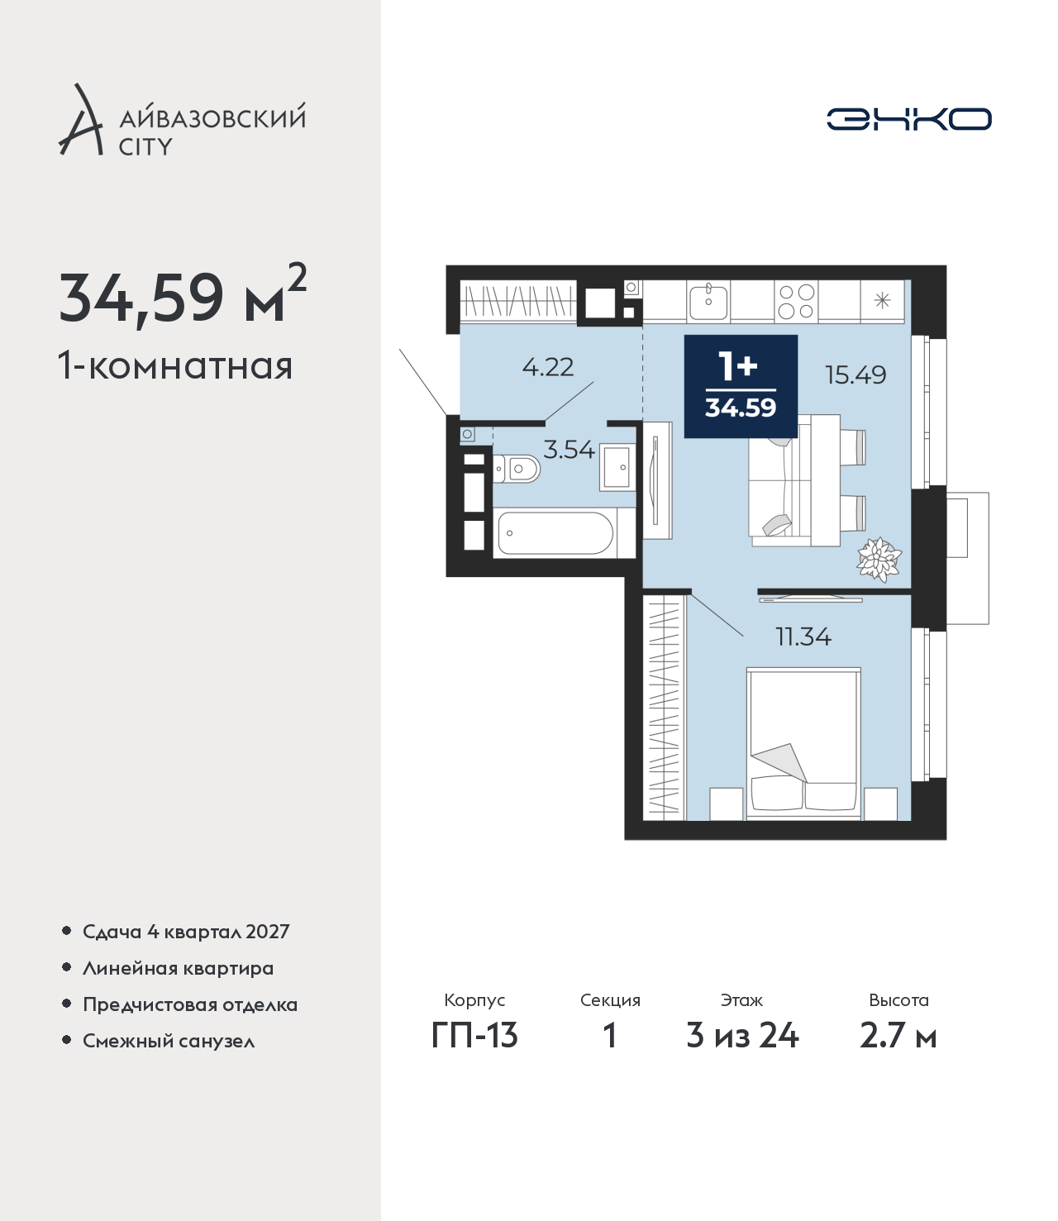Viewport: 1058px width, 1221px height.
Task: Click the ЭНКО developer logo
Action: (x=908, y=119)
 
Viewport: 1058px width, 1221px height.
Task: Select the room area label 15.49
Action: (x=855, y=374)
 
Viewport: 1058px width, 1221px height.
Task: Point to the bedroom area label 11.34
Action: (x=803, y=637)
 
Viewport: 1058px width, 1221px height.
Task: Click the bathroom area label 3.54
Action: (x=569, y=450)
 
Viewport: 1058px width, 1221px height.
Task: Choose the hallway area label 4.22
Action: (x=548, y=367)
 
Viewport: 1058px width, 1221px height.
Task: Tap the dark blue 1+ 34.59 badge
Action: (x=741, y=386)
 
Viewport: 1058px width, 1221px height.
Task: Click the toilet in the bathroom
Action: (x=517, y=469)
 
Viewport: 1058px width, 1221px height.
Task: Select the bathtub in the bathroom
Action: (x=555, y=533)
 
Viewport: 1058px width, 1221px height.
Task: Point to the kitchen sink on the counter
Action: (x=708, y=301)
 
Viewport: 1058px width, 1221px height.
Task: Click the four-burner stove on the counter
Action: (x=796, y=301)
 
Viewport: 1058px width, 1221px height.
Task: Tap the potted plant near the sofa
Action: (x=879, y=559)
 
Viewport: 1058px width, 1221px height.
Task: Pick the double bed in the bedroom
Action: (x=803, y=743)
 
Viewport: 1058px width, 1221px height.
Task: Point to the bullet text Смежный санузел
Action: (x=169, y=1041)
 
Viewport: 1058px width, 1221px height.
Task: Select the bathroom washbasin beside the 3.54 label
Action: (x=617, y=467)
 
